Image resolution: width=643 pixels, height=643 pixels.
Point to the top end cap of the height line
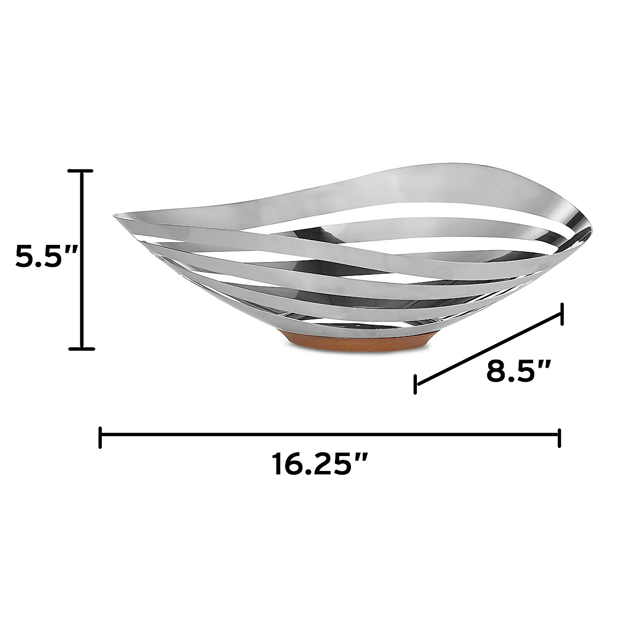point(80,170)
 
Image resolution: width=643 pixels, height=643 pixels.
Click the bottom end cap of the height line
point(81,349)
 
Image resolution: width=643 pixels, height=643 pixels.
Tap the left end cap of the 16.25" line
point(100,437)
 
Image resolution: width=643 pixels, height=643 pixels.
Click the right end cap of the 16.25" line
point(559,438)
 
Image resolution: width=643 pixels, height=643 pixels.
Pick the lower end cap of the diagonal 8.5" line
point(415,384)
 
